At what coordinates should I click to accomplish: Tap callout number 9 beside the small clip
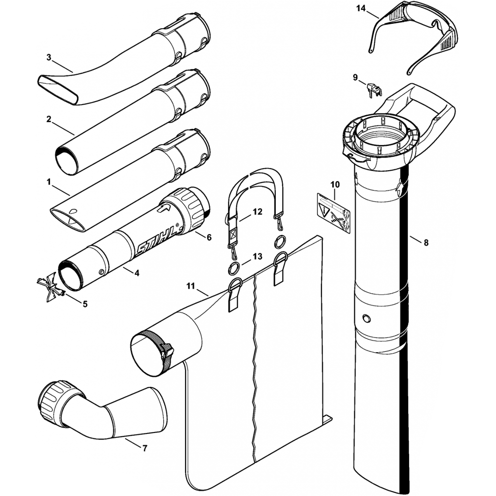[x=355, y=77]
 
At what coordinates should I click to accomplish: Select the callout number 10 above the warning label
[x=335, y=185]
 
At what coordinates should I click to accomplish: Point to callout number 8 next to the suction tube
[x=426, y=243]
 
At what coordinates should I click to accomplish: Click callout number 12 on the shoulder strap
[x=257, y=212]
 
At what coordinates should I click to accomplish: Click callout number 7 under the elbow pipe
[x=144, y=448]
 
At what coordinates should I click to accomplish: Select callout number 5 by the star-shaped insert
[x=85, y=304]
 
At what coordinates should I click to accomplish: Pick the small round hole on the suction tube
[x=366, y=317]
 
